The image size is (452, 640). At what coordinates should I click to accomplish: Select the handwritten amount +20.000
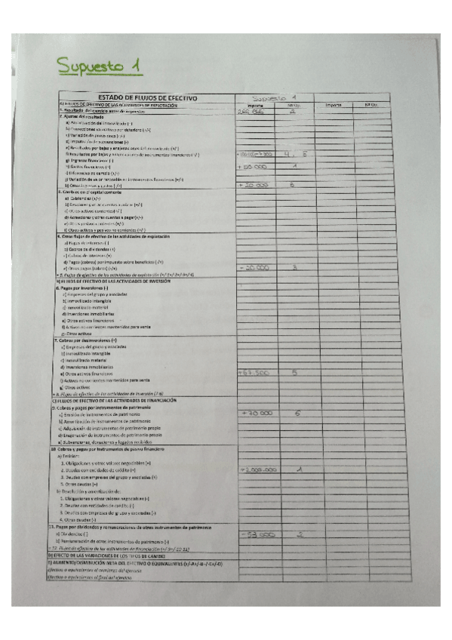click(x=253, y=184)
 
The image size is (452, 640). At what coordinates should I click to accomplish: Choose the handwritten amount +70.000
click(x=255, y=414)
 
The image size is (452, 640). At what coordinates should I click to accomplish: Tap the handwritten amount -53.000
click(x=254, y=535)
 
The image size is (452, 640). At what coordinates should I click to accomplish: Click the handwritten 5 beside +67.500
click(x=295, y=372)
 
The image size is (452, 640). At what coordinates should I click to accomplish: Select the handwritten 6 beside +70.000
click(x=297, y=413)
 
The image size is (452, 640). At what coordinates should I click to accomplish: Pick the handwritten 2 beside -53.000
click(x=300, y=534)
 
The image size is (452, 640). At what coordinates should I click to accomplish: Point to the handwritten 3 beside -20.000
click(x=295, y=266)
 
